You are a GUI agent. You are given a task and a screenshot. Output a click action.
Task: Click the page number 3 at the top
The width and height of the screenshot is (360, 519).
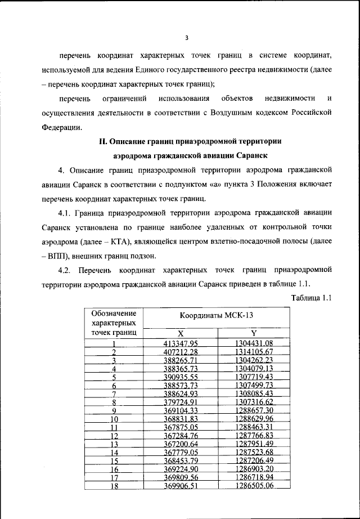point(186,38)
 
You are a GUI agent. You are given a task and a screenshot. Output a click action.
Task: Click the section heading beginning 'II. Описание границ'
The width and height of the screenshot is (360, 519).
point(186,141)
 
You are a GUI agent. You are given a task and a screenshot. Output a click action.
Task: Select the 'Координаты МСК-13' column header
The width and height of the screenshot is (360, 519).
point(217,316)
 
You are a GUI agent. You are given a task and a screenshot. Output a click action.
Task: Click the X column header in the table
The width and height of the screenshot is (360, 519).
point(181,333)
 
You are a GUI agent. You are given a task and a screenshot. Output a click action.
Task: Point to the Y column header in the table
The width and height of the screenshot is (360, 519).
point(254,333)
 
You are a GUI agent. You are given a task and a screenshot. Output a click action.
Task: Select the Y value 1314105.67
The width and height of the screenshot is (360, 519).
point(254,352)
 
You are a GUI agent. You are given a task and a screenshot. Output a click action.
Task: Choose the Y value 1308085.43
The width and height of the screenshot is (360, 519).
point(254,393)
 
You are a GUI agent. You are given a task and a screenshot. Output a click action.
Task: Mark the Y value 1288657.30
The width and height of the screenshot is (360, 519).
point(254,410)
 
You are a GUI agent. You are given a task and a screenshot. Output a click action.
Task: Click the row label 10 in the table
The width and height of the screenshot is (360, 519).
point(114,419)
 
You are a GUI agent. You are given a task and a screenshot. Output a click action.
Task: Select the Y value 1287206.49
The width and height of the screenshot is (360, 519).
point(254,460)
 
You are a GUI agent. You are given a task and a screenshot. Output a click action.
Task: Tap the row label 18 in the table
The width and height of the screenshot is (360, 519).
point(114,486)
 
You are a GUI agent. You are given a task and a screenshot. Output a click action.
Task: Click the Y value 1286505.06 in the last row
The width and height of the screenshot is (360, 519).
point(254,486)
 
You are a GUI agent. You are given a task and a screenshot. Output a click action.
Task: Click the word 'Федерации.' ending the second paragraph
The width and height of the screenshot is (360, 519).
point(61,126)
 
